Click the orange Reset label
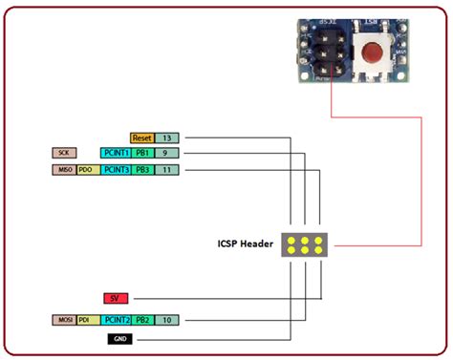click(x=141, y=138)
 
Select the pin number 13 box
click(x=165, y=138)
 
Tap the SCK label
click(x=64, y=153)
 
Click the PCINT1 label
click(x=115, y=153)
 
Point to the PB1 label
click(x=141, y=153)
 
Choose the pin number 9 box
click(x=165, y=153)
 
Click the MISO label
click(x=63, y=170)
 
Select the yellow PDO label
click(x=87, y=170)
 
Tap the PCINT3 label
click(x=115, y=170)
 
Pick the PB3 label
click(x=141, y=170)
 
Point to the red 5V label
click(x=116, y=298)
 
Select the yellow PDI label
click(x=87, y=320)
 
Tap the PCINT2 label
click(x=115, y=320)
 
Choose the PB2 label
click(x=141, y=320)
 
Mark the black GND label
click(x=120, y=338)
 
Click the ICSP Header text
click(x=245, y=244)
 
